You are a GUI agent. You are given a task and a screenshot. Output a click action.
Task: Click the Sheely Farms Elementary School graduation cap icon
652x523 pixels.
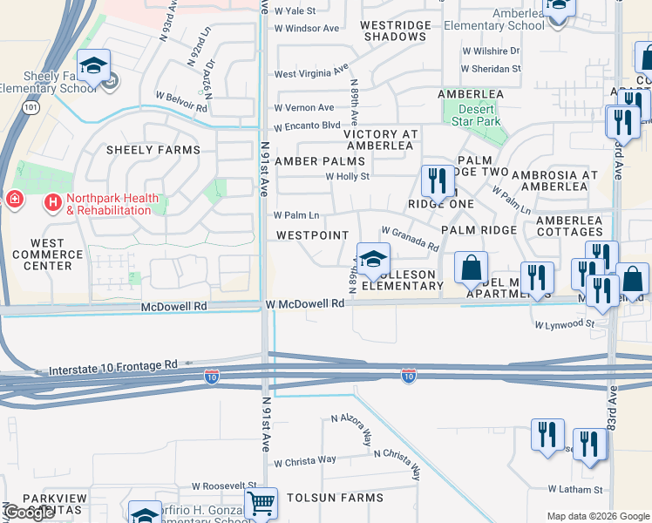click(95, 65)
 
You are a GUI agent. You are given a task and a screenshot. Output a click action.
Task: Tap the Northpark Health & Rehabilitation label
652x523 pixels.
click(104, 204)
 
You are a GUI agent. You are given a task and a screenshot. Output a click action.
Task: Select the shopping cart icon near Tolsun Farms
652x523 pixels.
click(261, 503)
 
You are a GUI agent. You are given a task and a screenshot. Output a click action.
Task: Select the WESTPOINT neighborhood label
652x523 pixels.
click(312, 235)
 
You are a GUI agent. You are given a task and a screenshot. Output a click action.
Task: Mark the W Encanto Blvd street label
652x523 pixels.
click(307, 126)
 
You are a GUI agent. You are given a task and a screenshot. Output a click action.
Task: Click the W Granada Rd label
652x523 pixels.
click(410, 239)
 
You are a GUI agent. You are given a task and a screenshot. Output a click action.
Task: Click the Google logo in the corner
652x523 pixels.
click(29, 513)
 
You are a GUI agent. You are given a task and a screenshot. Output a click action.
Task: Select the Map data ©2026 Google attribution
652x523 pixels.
click(597, 516)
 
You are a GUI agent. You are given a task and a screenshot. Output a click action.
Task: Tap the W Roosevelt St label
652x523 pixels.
click(224, 486)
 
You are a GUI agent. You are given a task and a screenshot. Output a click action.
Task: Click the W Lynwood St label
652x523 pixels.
click(564, 324)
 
